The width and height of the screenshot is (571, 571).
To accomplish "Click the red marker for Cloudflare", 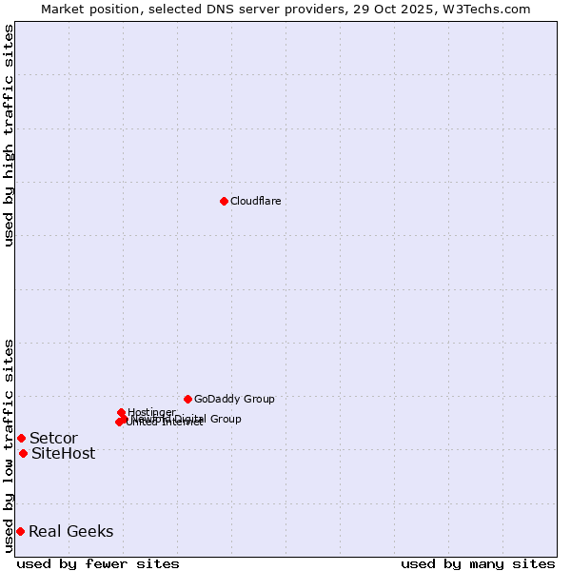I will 224,201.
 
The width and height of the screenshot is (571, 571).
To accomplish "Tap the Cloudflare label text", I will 255,201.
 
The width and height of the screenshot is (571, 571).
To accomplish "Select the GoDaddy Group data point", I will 187,399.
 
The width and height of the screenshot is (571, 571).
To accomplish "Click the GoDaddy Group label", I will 234,399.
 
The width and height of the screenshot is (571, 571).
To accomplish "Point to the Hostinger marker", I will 122,412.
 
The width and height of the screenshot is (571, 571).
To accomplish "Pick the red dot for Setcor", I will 21,438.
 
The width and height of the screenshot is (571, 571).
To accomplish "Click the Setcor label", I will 53,438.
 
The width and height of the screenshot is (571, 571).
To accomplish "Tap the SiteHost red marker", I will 23,453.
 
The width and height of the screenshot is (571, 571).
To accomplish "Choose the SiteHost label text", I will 63,453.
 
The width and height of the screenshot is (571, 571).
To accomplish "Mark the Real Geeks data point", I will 20,531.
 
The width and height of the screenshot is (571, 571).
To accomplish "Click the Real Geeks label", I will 70,531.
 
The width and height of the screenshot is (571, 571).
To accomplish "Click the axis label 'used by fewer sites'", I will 98,563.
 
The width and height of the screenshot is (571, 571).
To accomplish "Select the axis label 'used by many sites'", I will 478,563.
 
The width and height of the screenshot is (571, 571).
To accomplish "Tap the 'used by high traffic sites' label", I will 9,135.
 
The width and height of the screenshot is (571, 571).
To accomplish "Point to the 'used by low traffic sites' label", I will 9,445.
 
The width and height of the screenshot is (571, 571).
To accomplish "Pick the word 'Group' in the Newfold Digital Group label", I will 225,419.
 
